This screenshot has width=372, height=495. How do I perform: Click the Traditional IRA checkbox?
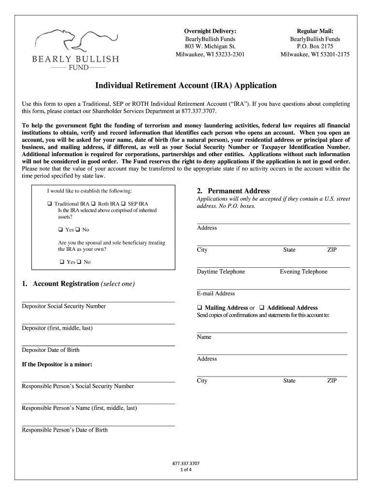pyautogui.click(x=50, y=204)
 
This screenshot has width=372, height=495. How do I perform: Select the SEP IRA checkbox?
pyautogui.click(x=123, y=204)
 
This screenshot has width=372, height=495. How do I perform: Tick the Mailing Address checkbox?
pyautogui.click(x=200, y=308)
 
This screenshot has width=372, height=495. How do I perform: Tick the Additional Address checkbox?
pyautogui.click(x=261, y=308)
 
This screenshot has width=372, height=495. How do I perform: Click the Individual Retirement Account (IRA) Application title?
pyautogui.click(x=186, y=86)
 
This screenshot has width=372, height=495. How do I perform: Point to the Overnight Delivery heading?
pyautogui.click(x=210, y=31)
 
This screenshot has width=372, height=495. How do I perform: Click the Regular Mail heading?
pyautogui.click(x=315, y=31)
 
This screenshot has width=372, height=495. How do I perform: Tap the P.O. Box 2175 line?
pyautogui.click(x=315, y=46)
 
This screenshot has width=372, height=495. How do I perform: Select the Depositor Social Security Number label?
pyautogui.click(x=64, y=306)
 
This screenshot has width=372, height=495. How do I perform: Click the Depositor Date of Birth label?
pyautogui.click(x=51, y=350)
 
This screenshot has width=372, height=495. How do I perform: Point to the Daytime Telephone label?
pyautogui.click(x=221, y=272)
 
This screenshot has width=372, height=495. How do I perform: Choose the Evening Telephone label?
pyautogui.click(x=303, y=272)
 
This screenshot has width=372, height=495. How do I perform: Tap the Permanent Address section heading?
pyautogui.click(x=233, y=191)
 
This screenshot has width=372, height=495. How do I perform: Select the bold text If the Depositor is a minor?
pyautogui.click(x=57, y=364)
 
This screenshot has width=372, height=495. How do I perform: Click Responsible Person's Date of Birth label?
pyautogui.click(x=65, y=430)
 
